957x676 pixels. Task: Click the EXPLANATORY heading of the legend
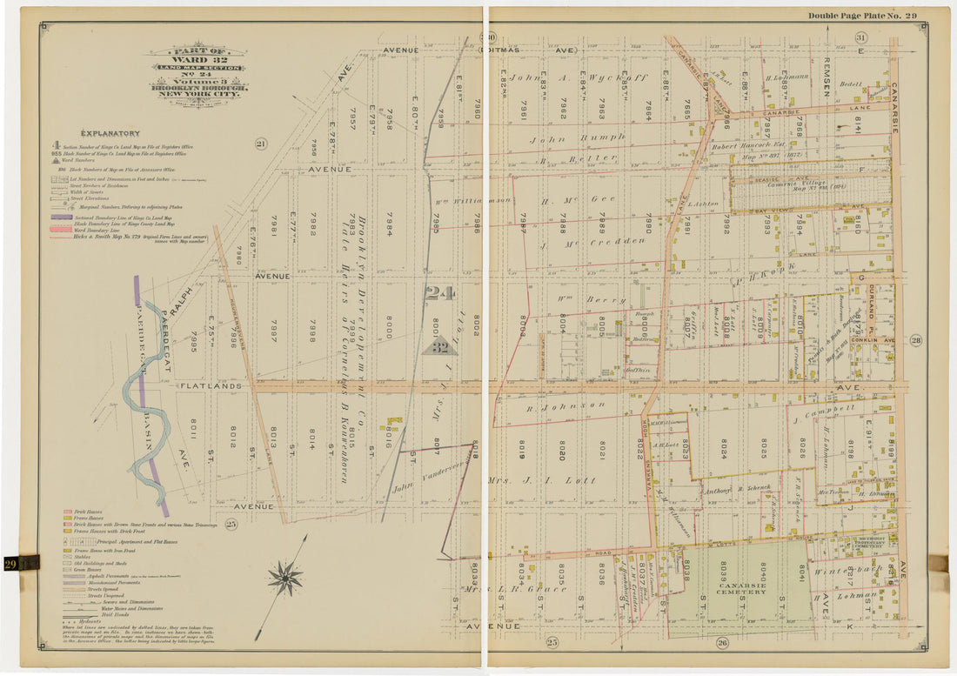110,133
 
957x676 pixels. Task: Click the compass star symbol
284,579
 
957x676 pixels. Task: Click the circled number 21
260,144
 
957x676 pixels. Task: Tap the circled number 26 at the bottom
721,643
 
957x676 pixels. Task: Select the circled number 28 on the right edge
915,340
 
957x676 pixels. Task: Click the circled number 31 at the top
860,37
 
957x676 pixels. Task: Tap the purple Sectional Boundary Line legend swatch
63,216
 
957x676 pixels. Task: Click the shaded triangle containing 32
440,342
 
